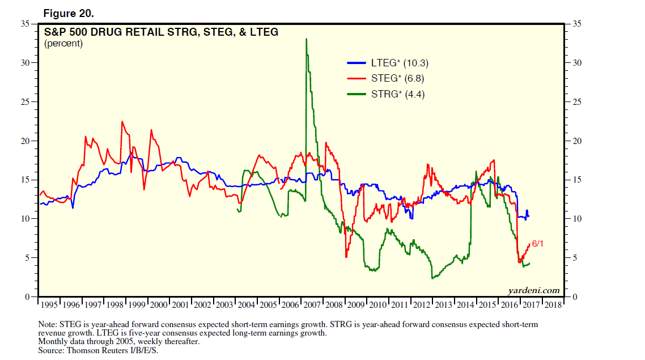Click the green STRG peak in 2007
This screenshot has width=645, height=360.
tap(306, 40)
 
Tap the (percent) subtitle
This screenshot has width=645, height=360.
tap(63, 43)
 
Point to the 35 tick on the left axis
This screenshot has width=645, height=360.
tap(25, 24)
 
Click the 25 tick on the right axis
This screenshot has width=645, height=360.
tap(576, 102)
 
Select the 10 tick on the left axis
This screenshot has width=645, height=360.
tap(25, 219)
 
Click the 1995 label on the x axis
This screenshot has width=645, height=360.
tap(49, 304)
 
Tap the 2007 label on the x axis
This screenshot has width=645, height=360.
tap(312, 304)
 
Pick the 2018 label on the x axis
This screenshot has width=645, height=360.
tap(553, 304)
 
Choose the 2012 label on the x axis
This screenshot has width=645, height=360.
tap(422, 304)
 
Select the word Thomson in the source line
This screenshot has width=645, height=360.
tap(83, 351)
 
